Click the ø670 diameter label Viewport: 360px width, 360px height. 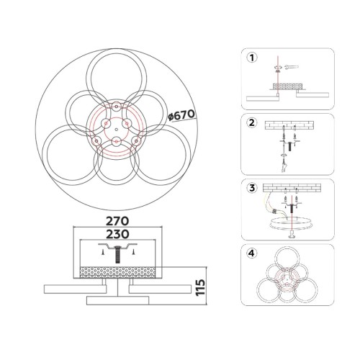pyautogui.click(x=181, y=115)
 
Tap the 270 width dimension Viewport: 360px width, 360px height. pyautogui.click(x=117, y=221)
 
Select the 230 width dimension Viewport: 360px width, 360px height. pyautogui.click(x=117, y=234)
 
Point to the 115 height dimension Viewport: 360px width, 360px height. pyautogui.click(x=200, y=287)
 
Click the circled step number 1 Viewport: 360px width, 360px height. pyautogui.click(x=252, y=58)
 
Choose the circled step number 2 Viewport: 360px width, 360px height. pyautogui.click(x=252, y=122)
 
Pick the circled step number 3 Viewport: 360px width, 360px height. pyautogui.click(x=252, y=188)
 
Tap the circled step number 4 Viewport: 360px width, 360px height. pyautogui.click(x=252, y=253)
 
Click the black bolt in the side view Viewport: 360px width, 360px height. pyautogui.click(x=117, y=254)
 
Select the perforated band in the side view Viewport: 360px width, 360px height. pyautogui.click(x=117, y=273)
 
